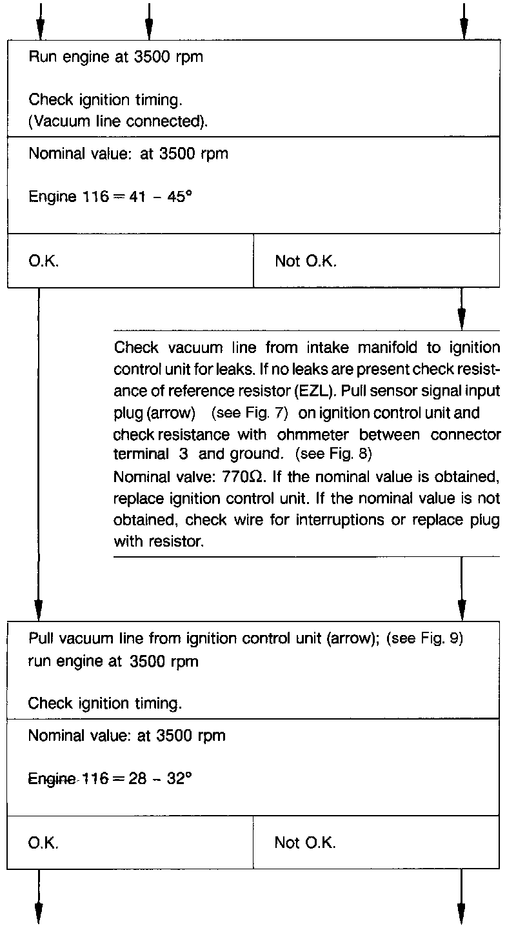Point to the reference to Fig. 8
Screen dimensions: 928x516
pos(333,453)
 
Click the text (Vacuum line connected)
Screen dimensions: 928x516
pos(119,121)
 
